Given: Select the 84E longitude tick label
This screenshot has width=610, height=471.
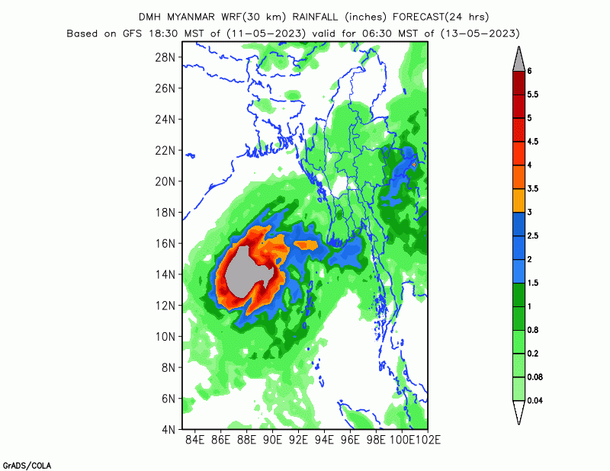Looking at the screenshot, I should coord(195,440).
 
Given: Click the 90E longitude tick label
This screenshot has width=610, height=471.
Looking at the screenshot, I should coord(273,440).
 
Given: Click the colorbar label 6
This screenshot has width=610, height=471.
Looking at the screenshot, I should coord(529,71).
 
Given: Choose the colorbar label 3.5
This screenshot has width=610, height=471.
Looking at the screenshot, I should coord(534,188).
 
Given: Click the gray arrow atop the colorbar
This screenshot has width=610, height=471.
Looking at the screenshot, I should coord(518,58).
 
